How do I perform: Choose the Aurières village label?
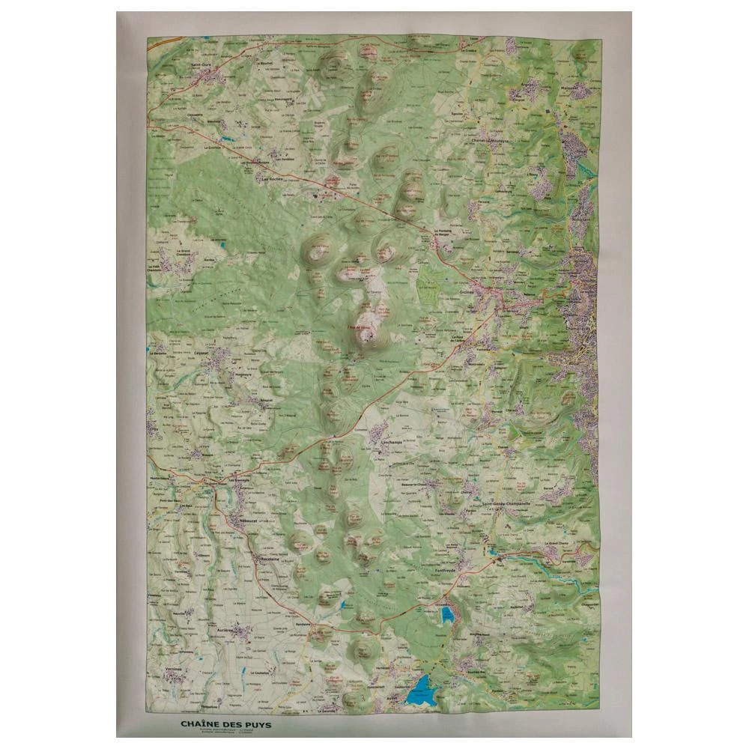click(x=227, y=631)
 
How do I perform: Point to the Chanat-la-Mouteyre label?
click(x=489, y=140)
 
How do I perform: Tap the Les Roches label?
click(x=270, y=179)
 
